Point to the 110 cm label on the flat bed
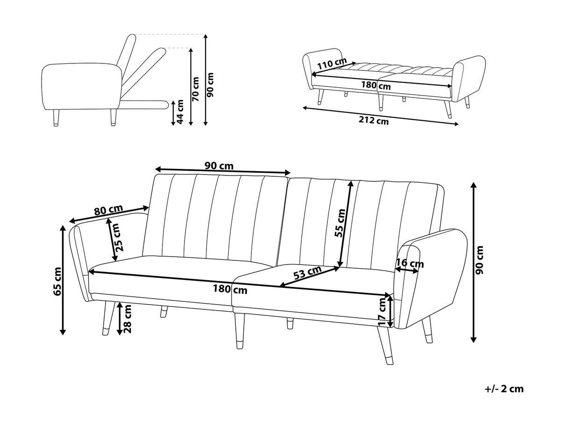[332, 63]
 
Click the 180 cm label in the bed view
[376, 85]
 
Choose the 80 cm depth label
[108, 210]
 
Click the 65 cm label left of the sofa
[57, 281]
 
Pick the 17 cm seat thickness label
[383, 312]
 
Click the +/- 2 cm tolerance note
[504, 389]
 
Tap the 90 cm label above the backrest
[219, 166]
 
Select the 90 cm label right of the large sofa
[482, 260]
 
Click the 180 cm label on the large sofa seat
[230, 289]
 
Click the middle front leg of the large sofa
[239, 331]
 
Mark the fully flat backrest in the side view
[145, 104]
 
